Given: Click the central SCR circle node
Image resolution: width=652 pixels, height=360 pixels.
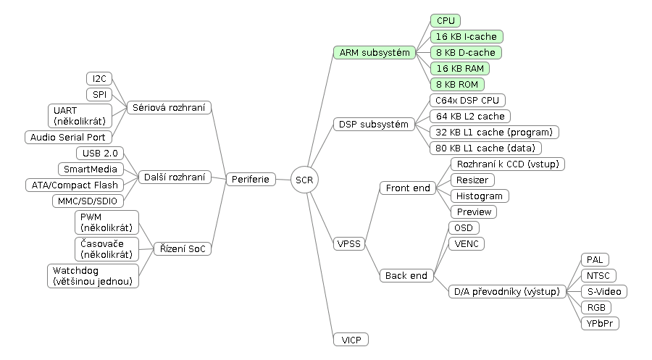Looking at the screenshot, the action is coord(304,180).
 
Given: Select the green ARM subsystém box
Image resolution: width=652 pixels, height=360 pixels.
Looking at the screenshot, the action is coord(375,52).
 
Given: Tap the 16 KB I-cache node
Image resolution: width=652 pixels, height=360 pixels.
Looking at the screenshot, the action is coord(466,37).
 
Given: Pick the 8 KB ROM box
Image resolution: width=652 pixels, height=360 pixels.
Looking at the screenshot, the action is coord(457,85).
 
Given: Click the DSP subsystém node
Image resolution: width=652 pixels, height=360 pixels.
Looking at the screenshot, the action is coord(374,125).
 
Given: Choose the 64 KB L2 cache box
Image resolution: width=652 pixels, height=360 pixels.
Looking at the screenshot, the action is coord(470,116).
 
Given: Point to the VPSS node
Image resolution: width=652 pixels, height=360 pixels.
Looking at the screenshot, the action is coord(349,243).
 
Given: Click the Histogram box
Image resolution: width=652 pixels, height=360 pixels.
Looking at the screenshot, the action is coord(480,196).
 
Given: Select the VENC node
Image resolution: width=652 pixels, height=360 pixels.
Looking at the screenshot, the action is coord(467,243).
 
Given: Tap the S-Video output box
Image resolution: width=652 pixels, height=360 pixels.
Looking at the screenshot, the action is coord(603,291).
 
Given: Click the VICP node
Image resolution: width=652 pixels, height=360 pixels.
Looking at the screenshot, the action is coord(351,340).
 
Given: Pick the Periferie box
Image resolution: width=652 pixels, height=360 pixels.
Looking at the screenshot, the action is coord(251,179).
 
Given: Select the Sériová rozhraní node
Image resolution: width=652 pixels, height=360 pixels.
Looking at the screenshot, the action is coord(169,107).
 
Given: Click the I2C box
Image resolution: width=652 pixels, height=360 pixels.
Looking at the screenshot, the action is coord(99,78).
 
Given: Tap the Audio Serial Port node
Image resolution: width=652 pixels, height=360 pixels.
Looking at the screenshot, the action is coord(68,137).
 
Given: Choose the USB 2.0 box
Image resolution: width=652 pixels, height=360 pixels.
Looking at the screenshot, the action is coord(100,153).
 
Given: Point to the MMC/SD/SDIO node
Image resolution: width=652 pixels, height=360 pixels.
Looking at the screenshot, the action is coord(88,201).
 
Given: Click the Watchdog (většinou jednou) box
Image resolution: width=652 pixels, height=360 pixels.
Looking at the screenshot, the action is coord(93,275).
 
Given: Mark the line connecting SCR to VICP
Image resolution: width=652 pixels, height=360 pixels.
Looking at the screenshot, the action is coord(320,263).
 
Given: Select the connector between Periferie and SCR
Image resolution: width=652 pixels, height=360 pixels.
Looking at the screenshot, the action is coord(283,180).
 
